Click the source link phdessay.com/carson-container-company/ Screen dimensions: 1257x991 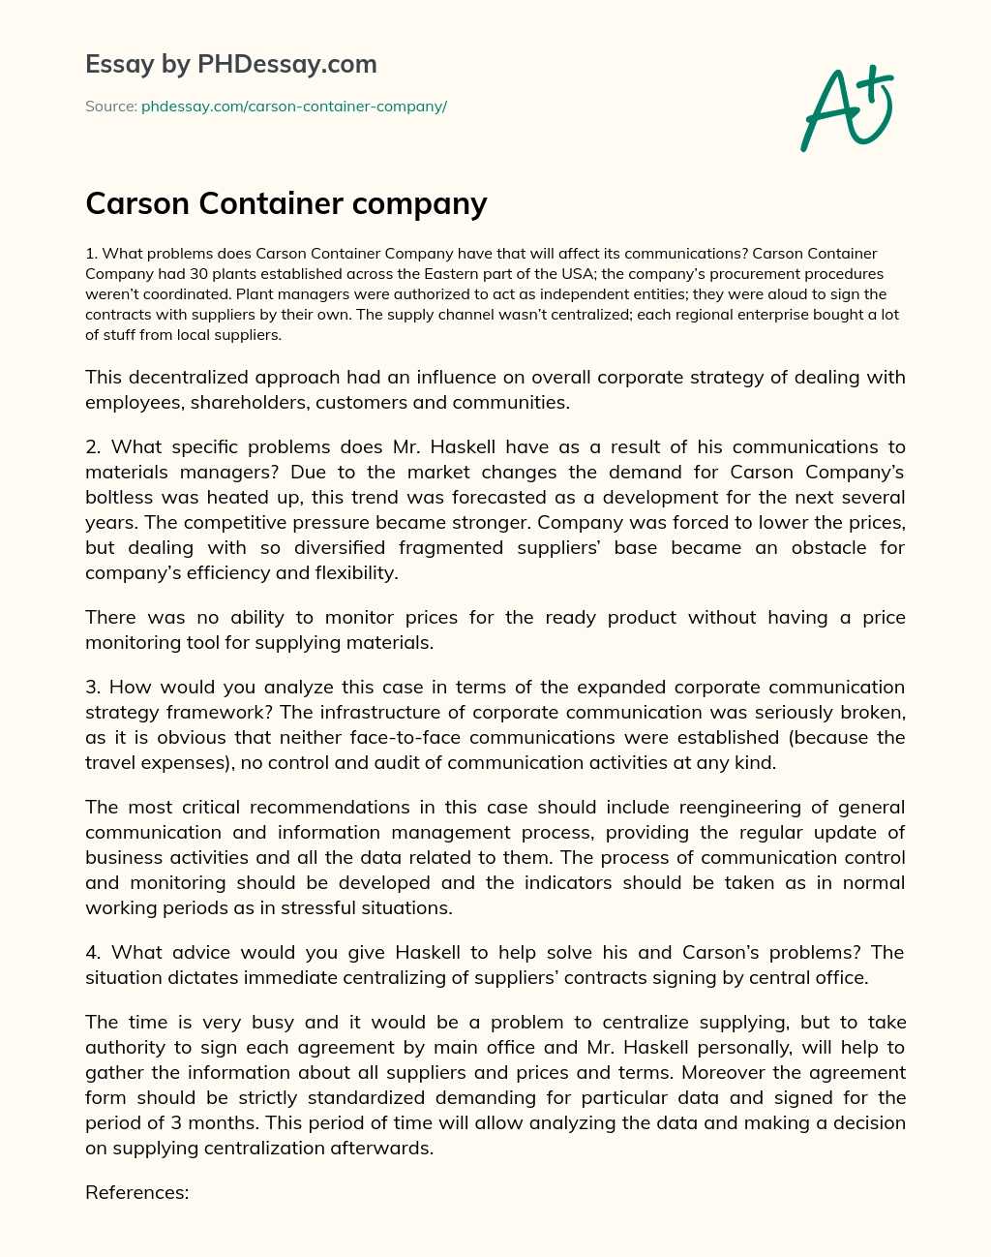click(294, 107)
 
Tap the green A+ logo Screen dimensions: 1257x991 click(847, 108)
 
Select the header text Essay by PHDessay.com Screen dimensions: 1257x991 click(231, 64)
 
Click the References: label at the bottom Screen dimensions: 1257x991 click(136, 1193)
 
